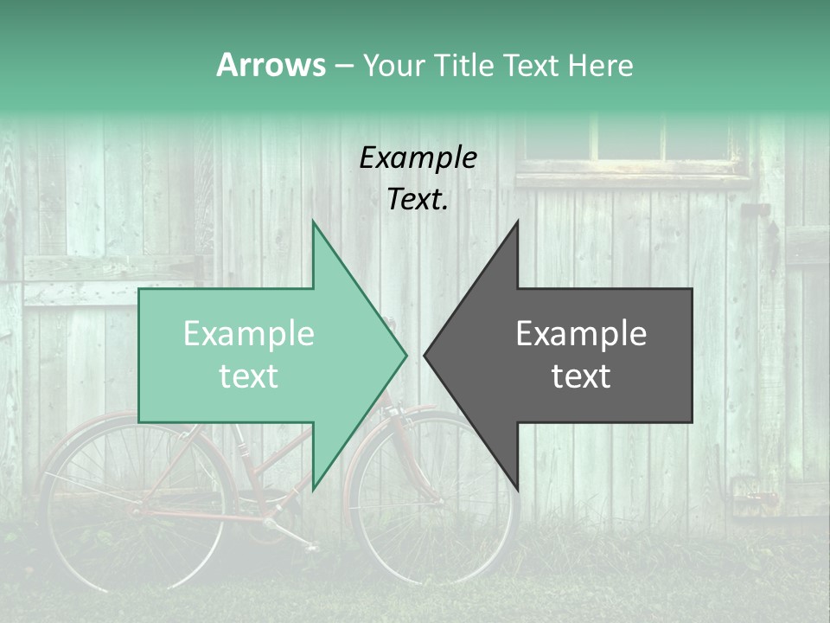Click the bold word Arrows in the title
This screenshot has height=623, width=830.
tap(271, 65)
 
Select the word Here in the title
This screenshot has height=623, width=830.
tap(600, 65)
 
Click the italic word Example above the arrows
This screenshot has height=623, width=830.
tap(418, 157)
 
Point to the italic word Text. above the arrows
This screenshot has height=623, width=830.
tap(418, 200)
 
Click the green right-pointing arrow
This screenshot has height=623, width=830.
tap(259, 355)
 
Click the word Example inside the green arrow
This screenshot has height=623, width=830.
tap(249, 334)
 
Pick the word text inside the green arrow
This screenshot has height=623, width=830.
tap(249, 376)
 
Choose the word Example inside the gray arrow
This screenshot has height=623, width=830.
tap(581, 334)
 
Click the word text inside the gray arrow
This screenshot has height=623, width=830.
tap(581, 376)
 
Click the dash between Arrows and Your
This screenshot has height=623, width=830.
tap(343, 66)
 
